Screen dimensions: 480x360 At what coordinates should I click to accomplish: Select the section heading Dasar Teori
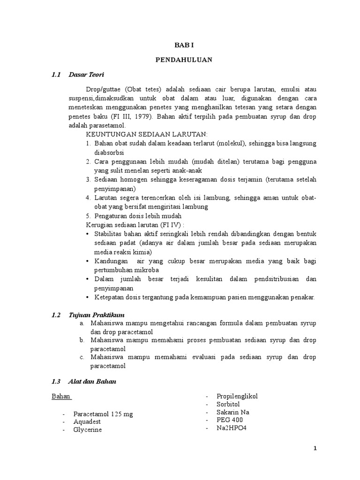coord(86,75)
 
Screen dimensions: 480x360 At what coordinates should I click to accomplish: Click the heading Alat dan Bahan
coord(92,382)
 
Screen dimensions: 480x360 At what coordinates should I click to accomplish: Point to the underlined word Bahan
coord(61,397)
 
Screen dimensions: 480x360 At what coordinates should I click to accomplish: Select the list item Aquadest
coord(87,422)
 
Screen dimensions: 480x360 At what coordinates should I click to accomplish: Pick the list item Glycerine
coord(87,429)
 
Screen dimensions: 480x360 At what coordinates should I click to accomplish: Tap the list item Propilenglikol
coord(237,397)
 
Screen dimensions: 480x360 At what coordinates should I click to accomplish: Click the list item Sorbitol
coord(228,404)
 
